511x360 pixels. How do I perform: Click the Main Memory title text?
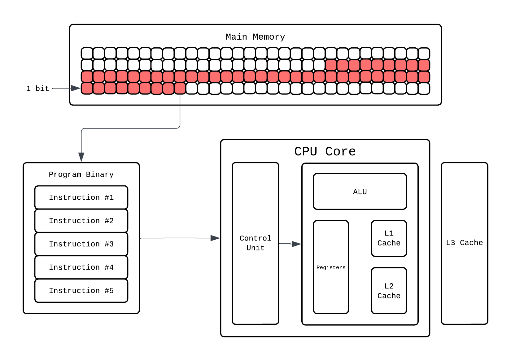[x=255, y=37]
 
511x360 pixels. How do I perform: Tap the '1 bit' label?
[x=37, y=89]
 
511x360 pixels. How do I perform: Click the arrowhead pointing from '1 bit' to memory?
[x=76, y=88]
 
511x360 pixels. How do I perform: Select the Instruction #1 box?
[x=81, y=197]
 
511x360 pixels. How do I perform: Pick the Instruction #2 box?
[x=81, y=221]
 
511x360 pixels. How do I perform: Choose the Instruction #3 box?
[x=81, y=244]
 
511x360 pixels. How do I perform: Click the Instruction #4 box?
[x=81, y=267]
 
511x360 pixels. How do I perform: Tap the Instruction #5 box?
[x=81, y=290]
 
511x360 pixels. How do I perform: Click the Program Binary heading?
[x=81, y=174]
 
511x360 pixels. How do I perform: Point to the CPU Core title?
[x=325, y=151]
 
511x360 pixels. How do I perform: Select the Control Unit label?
[x=255, y=243]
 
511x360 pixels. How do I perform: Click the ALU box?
[x=360, y=192]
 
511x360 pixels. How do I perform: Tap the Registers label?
[x=331, y=267]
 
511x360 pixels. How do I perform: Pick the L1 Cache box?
[x=389, y=238]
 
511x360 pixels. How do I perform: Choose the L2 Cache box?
[x=389, y=291]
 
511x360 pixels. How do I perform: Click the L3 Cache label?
[x=464, y=243]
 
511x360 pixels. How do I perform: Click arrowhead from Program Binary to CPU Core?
[x=215, y=238]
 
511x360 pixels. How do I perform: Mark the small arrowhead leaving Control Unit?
[x=296, y=244]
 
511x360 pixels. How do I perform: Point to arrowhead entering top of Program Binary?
[x=81, y=157]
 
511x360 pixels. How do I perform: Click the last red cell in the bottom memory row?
[x=180, y=89]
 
